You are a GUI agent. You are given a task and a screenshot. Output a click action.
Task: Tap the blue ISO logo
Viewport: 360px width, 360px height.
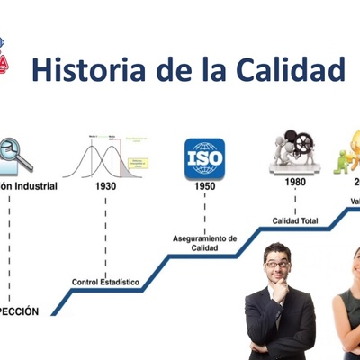pos(204,157)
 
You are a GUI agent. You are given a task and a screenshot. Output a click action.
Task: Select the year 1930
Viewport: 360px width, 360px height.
pos(105,186)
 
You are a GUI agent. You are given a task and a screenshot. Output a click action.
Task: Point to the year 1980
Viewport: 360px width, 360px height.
pos(295,181)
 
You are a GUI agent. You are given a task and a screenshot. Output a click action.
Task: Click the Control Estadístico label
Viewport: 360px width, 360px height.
pos(106,282)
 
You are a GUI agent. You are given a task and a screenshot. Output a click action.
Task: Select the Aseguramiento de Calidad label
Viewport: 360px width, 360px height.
pos(204,243)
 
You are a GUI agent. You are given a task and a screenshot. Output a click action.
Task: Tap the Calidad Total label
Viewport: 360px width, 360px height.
pos(295,220)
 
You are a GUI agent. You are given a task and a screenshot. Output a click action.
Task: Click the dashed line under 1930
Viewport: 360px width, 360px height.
pos(105,234)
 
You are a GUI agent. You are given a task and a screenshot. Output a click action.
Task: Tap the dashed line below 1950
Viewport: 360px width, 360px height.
pos(204,212)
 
